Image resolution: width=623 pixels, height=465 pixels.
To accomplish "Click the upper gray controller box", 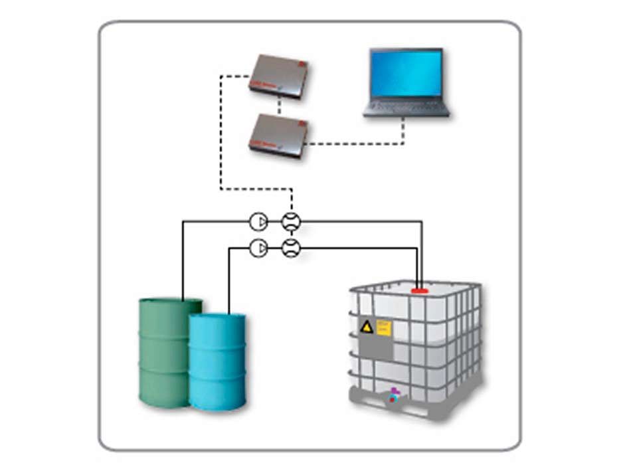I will [278, 76].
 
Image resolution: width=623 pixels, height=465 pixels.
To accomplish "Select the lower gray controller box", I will [279, 135].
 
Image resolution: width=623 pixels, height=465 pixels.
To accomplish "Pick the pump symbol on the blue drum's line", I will [258, 248].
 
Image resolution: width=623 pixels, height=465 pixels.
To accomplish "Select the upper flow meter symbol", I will [291, 221].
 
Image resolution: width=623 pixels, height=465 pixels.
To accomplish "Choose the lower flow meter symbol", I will [291, 248].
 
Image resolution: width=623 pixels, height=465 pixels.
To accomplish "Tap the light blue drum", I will [217, 362].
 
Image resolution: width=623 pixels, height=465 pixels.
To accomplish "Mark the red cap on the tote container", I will [420, 290].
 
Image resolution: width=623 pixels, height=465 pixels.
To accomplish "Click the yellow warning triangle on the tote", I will [367, 326].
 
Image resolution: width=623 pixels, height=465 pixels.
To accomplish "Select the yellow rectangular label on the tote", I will [383, 326].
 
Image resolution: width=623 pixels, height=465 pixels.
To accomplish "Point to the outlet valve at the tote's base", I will [394, 395].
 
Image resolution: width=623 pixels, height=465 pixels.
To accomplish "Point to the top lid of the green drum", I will [170, 304].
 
